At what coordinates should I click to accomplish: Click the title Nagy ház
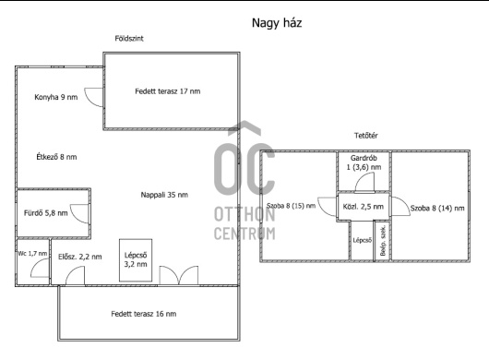[x=277, y=23]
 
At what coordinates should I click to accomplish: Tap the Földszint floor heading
[x=129, y=39]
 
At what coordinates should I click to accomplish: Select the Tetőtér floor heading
[x=365, y=136]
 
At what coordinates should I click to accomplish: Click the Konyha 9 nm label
[x=56, y=97]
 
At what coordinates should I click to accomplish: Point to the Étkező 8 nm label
[x=56, y=157]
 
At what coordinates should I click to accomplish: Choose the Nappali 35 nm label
[x=164, y=195]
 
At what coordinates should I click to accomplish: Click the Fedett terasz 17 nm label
[x=168, y=91]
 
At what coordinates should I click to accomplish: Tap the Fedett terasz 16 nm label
[x=143, y=314]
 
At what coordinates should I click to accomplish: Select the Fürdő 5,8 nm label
[x=46, y=213]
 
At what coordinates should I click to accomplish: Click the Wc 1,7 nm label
[x=32, y=254]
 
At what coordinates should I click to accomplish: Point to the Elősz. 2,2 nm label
[x=80, y=257]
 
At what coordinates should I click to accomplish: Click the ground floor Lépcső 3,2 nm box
[x=136, y=260]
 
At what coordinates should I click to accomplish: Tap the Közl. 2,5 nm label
[x=363, y=207]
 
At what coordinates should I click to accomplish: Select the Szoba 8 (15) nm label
[x=291, y=206]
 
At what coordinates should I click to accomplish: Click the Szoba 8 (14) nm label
[x=437, y=208]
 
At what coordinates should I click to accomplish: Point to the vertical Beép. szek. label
[x=383, y=241]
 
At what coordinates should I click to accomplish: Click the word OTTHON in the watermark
[x=244, y=215]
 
